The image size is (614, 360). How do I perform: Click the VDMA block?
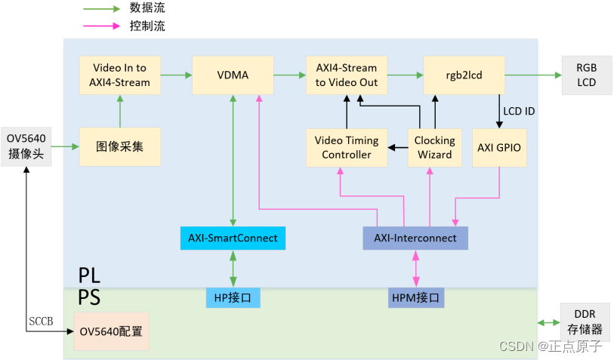click(232, 75)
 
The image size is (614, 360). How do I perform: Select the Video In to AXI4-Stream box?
click(119, 75)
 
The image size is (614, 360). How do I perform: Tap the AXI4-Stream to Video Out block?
click(347, 75)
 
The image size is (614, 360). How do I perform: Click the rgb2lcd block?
click(463, 75)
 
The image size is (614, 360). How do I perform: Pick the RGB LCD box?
click(586, 75)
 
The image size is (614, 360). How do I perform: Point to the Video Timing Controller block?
click(347, 147)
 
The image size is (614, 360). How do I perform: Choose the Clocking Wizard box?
click(434, 147)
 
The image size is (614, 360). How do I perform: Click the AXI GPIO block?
click(500, 147)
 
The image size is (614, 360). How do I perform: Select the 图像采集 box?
click(119, 147)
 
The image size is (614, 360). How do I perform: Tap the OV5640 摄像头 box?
click(26, 147)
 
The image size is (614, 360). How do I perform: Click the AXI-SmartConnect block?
click(233, 238)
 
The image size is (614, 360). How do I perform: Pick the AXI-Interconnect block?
click(415, 238)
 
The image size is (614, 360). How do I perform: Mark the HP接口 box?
click(233, 297)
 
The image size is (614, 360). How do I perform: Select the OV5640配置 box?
click(111, 331)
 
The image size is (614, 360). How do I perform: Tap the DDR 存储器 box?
click(586, 322)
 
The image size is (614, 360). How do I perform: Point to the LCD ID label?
click(520, 112)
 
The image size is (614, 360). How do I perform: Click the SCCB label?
click(41, 322)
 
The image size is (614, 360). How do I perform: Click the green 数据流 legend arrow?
click(101, 8)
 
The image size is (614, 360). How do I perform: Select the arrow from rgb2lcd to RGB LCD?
click(529, 75)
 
